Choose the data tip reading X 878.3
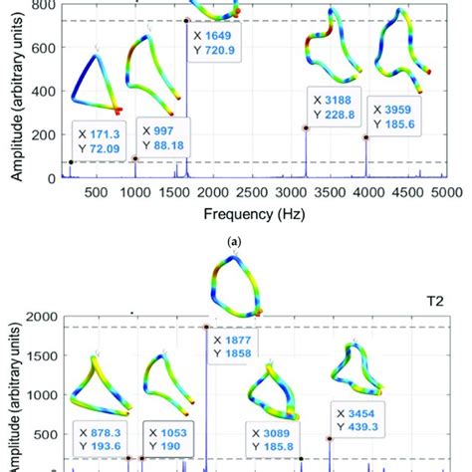[107, 438]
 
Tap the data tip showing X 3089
[272, 438]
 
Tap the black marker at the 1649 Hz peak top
[186, 20]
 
